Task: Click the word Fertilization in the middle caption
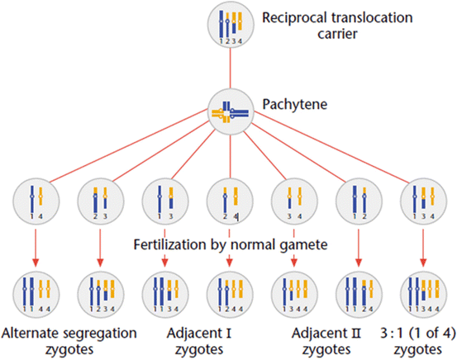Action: pyautogui.click(x=170, y=245)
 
